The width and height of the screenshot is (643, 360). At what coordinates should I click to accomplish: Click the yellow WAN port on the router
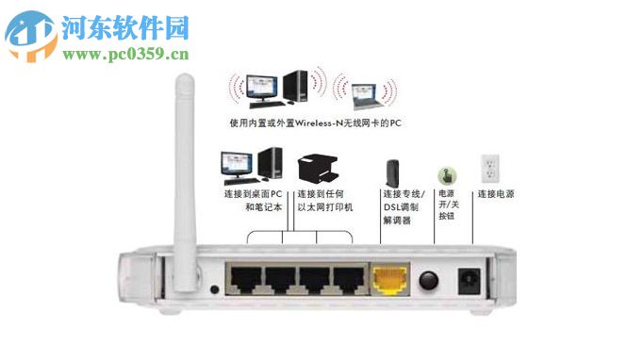tap(389, 279)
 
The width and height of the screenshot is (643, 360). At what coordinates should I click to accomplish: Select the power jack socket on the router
tap(469, 281)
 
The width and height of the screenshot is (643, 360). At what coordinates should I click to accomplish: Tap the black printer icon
tap(318, 170)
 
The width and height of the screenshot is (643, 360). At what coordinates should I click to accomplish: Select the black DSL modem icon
tap(392, 173)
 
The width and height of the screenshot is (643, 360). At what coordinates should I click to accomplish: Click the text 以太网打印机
tap(324, 207)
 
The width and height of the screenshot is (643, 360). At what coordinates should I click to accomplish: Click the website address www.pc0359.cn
tap(126, 54)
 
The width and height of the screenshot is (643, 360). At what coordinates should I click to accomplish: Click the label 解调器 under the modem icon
tap(394, 220)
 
